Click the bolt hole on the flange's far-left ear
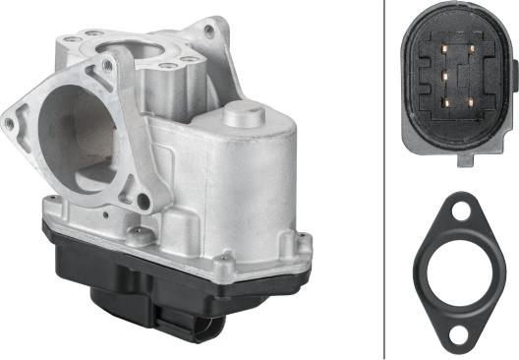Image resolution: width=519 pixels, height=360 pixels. (9, 124)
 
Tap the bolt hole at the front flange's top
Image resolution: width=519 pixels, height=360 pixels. (104, 57)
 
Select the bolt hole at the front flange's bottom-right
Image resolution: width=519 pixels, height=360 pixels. (144, 202)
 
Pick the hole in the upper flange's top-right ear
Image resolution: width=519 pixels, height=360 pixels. (208, 31)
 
